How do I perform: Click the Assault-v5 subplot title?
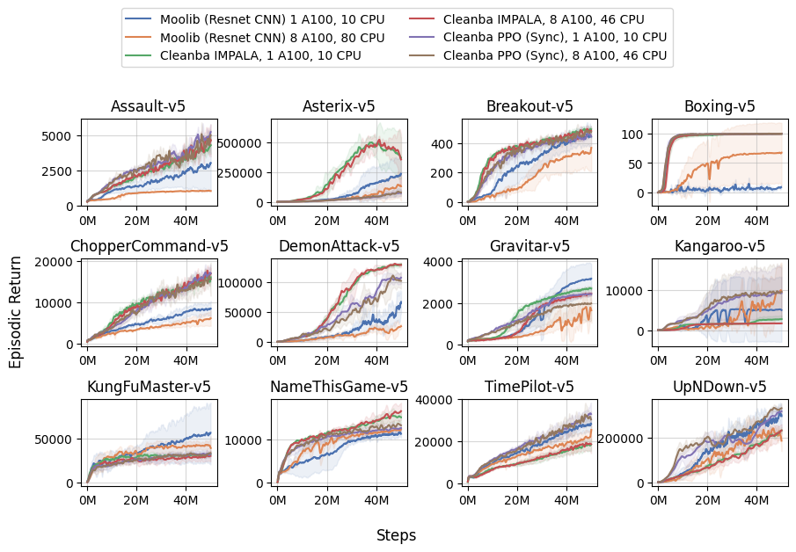[148, 106]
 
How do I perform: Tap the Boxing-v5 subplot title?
[719, 106]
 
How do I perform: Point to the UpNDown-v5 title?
[719, 387]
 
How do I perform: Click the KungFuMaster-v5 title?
[149, 387]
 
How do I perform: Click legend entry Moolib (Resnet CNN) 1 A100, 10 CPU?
[273, 18]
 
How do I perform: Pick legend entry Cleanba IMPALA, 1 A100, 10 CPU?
[261, 55]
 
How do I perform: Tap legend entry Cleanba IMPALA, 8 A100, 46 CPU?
[544, 18]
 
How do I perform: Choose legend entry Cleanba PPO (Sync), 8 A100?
[555, 55]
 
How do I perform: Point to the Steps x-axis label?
[396, 535]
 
